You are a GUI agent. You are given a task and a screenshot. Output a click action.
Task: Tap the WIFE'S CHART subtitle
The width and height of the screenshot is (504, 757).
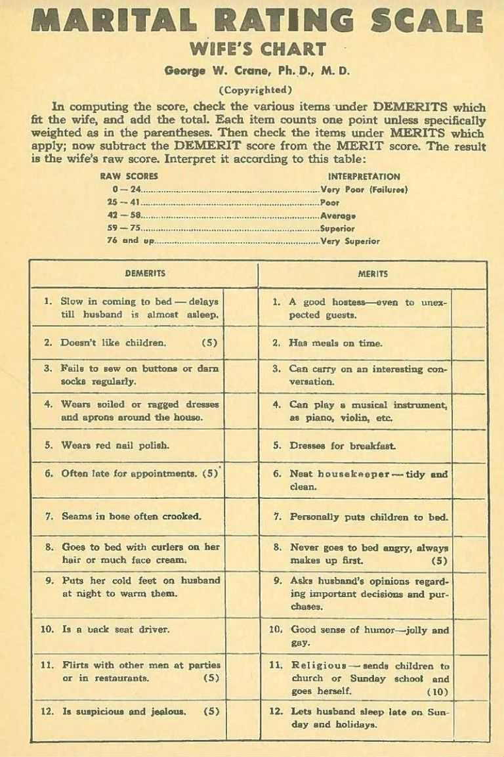[257, 49]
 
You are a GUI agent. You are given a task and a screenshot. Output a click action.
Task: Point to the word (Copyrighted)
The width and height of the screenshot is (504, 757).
[255, 90]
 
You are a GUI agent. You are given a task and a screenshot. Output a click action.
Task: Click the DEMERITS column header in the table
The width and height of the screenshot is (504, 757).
[144, 274]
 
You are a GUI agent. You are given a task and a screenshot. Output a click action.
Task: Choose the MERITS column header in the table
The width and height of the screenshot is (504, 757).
[372, 274]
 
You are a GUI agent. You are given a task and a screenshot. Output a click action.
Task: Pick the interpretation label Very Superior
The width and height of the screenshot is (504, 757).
[350, 241]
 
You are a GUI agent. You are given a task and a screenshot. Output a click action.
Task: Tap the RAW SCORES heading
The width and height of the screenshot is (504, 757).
[129, 177]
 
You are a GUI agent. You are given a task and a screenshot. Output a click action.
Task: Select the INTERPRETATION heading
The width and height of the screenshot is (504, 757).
[364, 177]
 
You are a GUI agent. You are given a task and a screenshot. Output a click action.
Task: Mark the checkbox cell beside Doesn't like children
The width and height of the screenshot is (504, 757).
[241, 343]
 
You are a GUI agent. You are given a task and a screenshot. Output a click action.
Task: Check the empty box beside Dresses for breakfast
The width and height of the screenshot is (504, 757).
[469, 445]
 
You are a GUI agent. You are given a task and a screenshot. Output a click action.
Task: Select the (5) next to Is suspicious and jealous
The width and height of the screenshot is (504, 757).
[211, 711]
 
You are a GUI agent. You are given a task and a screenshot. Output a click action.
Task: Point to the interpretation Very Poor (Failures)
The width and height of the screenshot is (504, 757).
[364, 190]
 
